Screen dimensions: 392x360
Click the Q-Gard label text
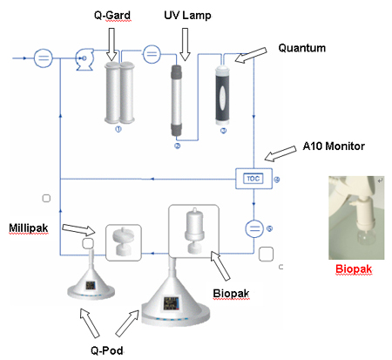(x=112, y=15)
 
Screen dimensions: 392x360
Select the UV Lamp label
(x=187, y=16)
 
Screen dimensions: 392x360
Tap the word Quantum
(x=302, y=48)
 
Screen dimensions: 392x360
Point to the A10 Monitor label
(x=334, y=146)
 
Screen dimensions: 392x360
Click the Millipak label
(x=29, y=228)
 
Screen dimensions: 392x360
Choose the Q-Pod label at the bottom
(x=107, y=350)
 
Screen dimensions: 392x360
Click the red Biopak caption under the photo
(x=354, y=269)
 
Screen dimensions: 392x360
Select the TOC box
(x=253, y=179)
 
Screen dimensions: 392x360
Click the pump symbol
(x=84, y=59)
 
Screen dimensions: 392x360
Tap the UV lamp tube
(x=176, y=100)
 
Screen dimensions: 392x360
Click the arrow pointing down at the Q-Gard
(x=112, y=44)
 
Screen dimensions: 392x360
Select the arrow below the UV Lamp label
(x=185, y=44)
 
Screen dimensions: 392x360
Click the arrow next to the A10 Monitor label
(x=280, y=153)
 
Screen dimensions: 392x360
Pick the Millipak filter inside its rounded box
(x=124, y=242)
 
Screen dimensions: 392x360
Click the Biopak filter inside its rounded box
(x=194, y=231)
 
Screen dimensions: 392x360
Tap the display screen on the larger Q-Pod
(x=171, y=303)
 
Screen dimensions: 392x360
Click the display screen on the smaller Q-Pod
(x=91, y=285)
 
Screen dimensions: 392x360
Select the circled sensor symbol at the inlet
(x=44, y=58)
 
